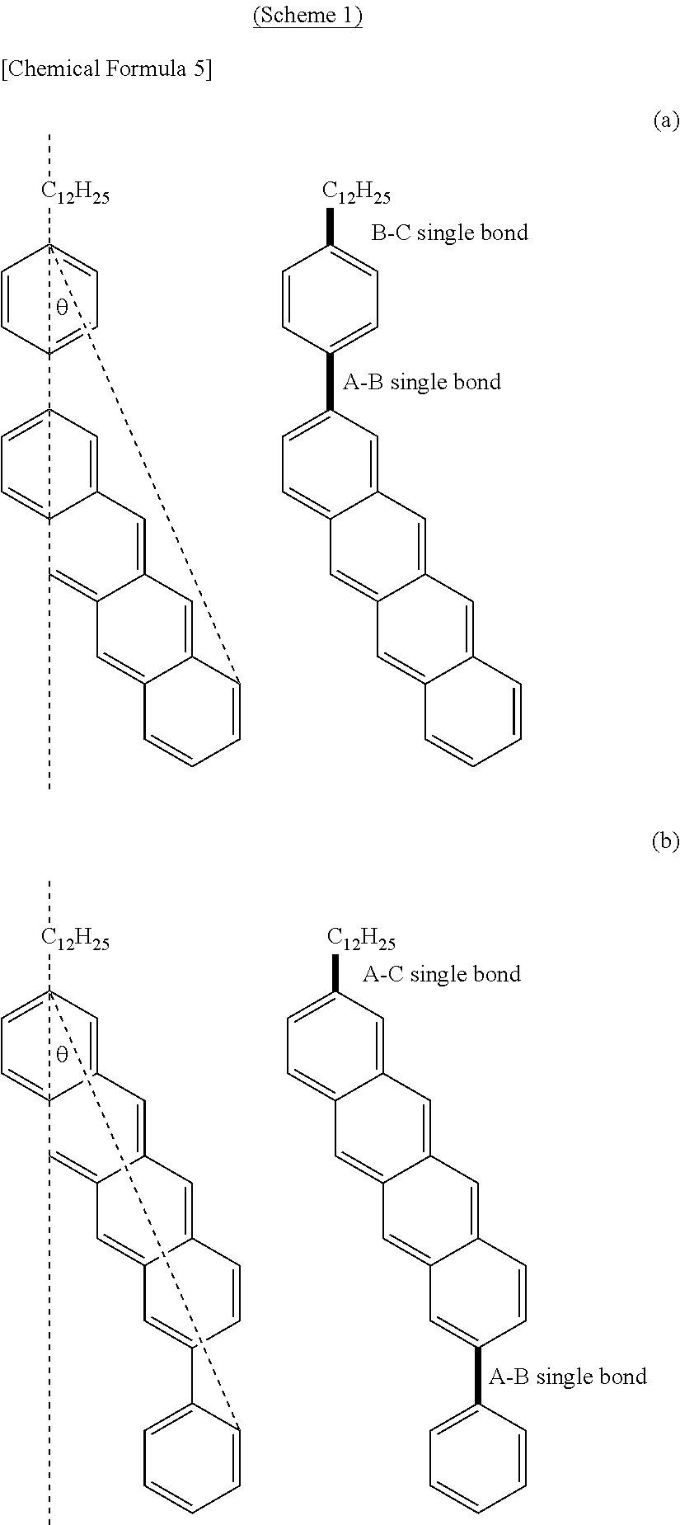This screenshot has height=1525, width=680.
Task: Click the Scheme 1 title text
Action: point(307,17)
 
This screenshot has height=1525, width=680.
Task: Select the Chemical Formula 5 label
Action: point(107,69)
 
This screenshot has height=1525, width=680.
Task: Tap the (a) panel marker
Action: point(665,121)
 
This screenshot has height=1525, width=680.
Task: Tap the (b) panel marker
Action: point(665,841)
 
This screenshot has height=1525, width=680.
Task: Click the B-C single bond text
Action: point(449,233)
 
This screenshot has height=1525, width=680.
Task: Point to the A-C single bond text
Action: point(442,975)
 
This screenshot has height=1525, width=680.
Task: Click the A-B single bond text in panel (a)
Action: point(422,383)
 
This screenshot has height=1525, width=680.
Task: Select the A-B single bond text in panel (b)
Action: point(568,1377)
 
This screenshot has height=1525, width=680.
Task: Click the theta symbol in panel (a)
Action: point(62,309)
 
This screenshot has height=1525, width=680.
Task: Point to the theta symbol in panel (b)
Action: point(62,1055)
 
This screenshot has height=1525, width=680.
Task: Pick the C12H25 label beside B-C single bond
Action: point(356,193)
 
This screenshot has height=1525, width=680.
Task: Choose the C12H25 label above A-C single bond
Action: point(361,939)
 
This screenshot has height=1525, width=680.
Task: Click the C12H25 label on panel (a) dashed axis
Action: point(75,193)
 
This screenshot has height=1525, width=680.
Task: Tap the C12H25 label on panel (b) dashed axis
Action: point(75,939)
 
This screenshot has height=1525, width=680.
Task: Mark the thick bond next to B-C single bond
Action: point(331,226)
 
